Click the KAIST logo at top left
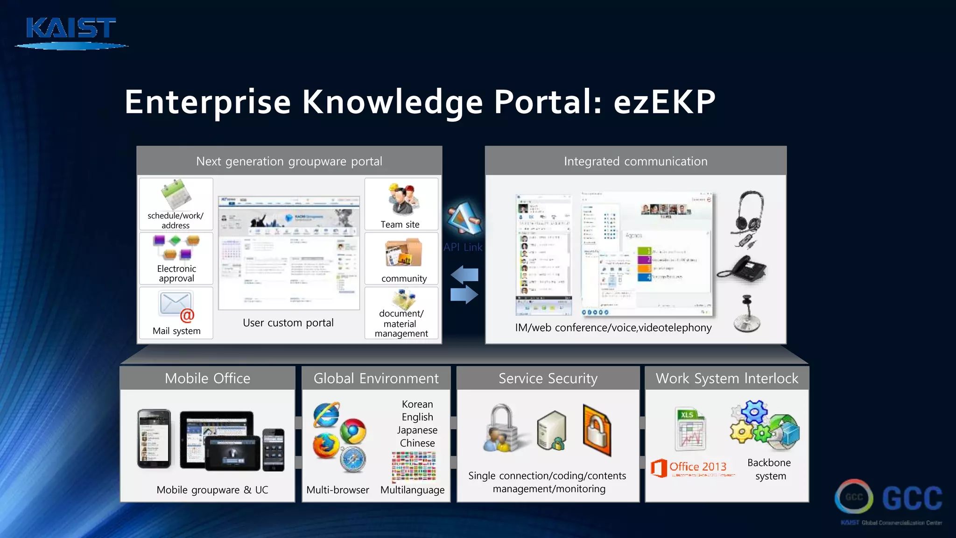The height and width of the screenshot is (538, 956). (x=71, y=32)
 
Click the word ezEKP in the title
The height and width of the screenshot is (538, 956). (x=664, y=102)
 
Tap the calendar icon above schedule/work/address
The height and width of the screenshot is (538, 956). (x=176, y=194)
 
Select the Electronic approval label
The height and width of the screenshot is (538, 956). (x=176, y=274)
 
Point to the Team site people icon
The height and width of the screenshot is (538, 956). (x=402, y=200)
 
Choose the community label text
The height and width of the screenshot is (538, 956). (x=404, y=279)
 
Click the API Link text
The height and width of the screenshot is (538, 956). (x=463, y=247)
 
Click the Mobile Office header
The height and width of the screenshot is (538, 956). (x=208, y=378)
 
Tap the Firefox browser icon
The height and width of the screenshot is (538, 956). (x=326, y=446)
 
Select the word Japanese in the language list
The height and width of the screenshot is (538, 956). (x=417, y=430)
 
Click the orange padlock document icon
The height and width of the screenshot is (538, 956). (x=597, y=431)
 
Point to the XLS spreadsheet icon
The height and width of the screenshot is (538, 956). (x=690, y=429)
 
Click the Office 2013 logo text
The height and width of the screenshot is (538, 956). (x=697, y=467)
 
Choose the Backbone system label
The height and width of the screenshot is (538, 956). (x=770, y=469)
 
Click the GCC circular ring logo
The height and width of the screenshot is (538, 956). (x=854, y=497)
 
